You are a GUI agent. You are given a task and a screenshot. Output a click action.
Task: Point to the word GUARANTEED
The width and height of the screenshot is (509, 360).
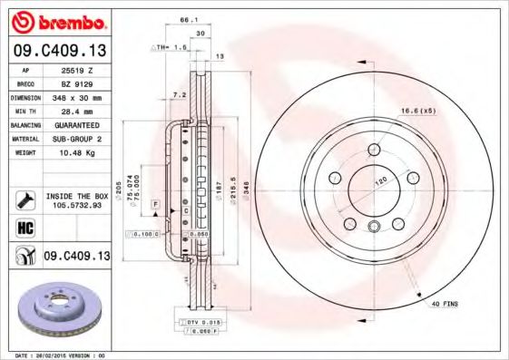76,125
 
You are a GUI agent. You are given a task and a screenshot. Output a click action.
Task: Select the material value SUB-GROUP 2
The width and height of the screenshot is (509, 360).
76,139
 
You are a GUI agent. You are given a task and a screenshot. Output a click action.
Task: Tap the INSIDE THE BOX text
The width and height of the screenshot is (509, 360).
76,196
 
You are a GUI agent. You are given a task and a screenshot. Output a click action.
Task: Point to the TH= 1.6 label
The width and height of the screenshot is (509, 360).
171,45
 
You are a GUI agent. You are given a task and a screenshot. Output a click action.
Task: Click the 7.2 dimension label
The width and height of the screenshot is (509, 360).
179,94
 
